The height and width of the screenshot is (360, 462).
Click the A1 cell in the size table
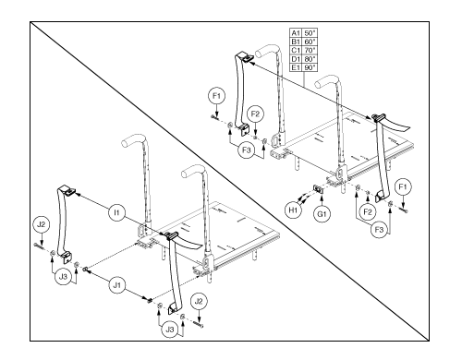296,33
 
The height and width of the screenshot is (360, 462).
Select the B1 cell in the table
296,42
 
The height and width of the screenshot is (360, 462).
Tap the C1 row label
296,50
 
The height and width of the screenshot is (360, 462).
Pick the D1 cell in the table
296,59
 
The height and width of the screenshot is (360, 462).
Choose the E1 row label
296,67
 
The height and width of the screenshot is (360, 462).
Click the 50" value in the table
310,33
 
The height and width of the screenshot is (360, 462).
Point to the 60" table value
310,42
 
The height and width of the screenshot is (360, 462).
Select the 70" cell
310,50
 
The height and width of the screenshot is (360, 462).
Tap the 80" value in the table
310,59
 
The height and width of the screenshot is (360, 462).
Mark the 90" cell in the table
310,67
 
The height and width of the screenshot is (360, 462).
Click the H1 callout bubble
293,210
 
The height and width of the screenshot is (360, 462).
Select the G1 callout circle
322,213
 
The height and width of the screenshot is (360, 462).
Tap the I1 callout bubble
116,212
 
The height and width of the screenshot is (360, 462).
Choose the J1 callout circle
117,285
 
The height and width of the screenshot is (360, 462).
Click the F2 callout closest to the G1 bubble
368,211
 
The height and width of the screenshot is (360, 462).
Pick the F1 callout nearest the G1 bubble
403,186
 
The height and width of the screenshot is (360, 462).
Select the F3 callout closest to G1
379,230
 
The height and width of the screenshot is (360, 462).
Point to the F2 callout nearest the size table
255,114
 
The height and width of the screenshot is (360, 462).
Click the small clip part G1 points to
318,188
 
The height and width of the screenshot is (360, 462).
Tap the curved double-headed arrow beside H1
303,198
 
